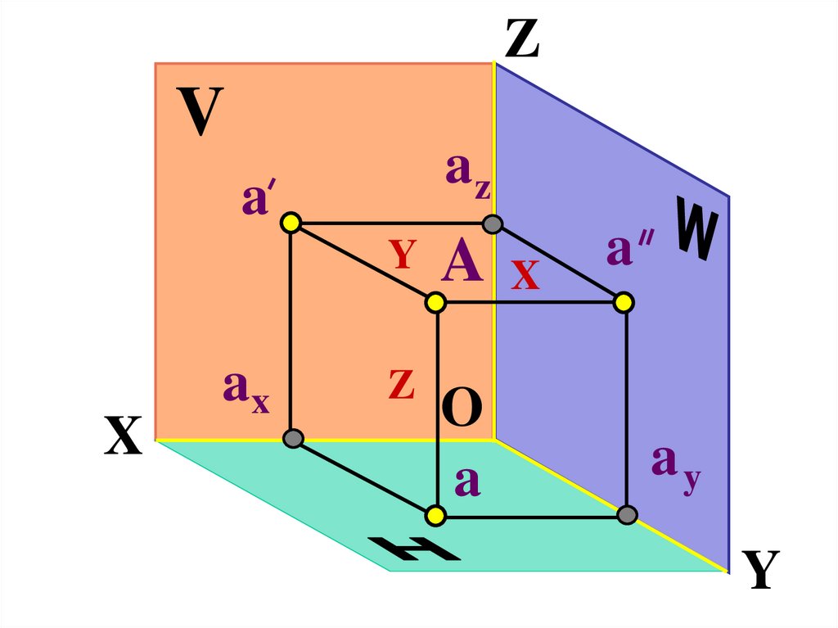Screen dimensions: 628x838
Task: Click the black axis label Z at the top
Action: (522, 39)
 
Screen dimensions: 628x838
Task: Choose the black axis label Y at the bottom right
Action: (760, 570)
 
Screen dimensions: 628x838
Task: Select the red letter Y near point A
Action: (403, 255)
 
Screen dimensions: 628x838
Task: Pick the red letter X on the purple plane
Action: (525, 276)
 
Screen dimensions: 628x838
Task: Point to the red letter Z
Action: (401, 383)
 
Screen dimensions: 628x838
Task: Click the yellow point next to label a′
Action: (291, 222)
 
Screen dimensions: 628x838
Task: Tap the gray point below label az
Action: (492, 223)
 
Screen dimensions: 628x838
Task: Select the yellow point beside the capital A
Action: (435, 303)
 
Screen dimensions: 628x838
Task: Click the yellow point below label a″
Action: (624, 303)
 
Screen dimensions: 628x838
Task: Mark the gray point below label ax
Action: (292, 439)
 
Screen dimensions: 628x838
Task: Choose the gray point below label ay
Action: (627, 515)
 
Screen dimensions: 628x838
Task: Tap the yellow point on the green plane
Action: (435, 515)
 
